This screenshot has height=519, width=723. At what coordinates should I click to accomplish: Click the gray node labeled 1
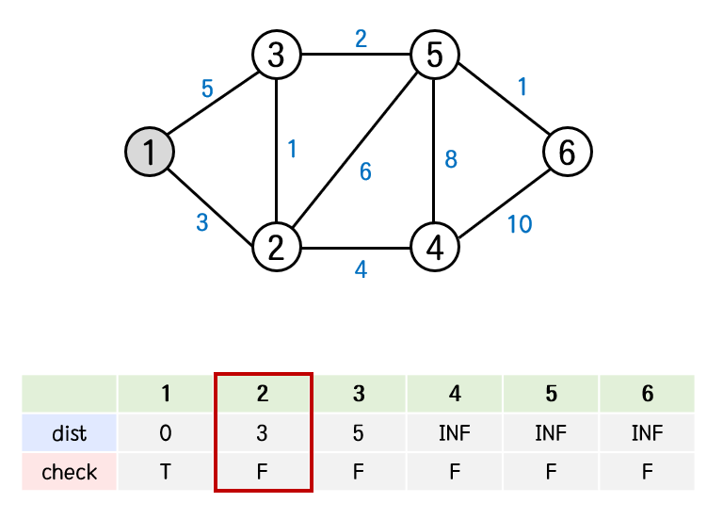[x=151, y=151]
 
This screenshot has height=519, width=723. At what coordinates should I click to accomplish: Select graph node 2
[x=276, y=248]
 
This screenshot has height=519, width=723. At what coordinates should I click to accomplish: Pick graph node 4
[x=434, y=248]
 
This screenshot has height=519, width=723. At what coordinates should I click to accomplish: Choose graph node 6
[x=567, y=151]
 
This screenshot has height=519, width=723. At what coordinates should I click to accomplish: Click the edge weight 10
[x=520, y=224]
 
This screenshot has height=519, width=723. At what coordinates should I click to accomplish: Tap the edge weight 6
[x=365, y=172]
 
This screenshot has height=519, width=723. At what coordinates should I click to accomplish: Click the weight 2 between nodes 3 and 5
[x=361, y=40]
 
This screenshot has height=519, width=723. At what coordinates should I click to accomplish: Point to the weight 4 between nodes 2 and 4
[x=361, y=269]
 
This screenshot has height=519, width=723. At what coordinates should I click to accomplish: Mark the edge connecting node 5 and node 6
[x=501, y=104]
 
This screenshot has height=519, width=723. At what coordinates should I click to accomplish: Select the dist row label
[x=70, y=433]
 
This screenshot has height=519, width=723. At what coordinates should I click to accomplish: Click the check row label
[x=70, y=471]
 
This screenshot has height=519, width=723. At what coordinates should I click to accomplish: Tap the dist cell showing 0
[x=166, y=433]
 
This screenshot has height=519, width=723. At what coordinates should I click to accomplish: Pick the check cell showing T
[x=166, y=471]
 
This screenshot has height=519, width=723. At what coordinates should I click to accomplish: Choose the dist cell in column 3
[x=359, y=433]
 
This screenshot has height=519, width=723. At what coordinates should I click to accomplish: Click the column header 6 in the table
[x=647, y=394]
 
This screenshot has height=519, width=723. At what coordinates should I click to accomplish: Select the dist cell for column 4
[x=455, y=433]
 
